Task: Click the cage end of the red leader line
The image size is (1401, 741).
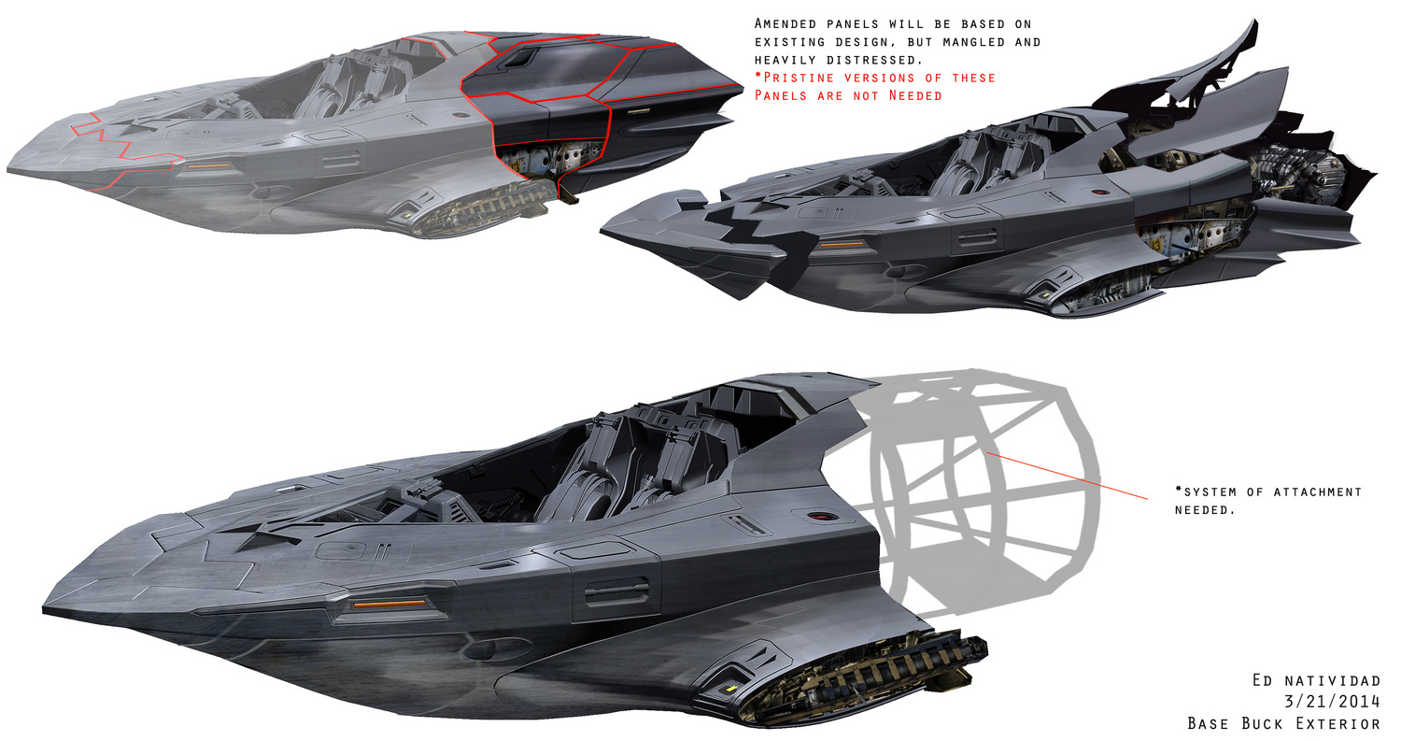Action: click(987, 452)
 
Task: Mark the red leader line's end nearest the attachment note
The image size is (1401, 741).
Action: click(1148, 499)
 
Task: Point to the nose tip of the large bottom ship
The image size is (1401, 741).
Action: click(43, 609)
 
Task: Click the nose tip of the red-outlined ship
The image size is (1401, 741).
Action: click(7, 169)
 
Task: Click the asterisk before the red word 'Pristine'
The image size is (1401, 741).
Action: click(758, 77)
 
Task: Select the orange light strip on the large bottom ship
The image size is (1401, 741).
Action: click(389, 604)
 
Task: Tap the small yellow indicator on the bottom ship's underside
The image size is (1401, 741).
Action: click(729, 689)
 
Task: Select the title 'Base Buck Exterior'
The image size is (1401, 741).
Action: click(1283, 723)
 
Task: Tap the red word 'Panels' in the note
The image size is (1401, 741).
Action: click(781, 95)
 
